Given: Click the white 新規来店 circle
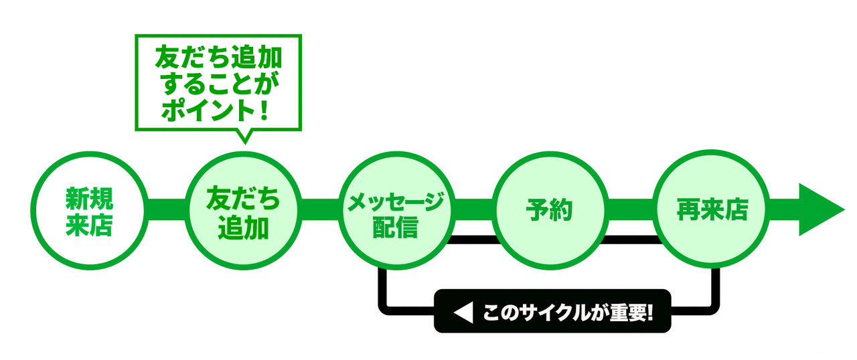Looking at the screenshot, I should tap(88, 210).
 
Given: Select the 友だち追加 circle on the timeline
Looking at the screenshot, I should tap(242, 210).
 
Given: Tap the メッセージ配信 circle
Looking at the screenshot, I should tap(396, 210).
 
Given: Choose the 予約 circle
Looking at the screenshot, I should tap(550, 210).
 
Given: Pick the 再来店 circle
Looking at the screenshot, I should tap(710, 210).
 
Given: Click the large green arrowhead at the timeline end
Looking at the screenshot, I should tap(820, 210).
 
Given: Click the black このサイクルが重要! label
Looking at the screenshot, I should tap(552, 312).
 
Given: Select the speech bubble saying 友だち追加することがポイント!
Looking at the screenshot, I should tap(218, 82).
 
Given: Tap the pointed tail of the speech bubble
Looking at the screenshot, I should tap(244, 137).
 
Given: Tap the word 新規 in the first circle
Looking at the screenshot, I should tap(88, 198).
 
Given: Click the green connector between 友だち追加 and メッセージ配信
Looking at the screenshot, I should tap(319, 210).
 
